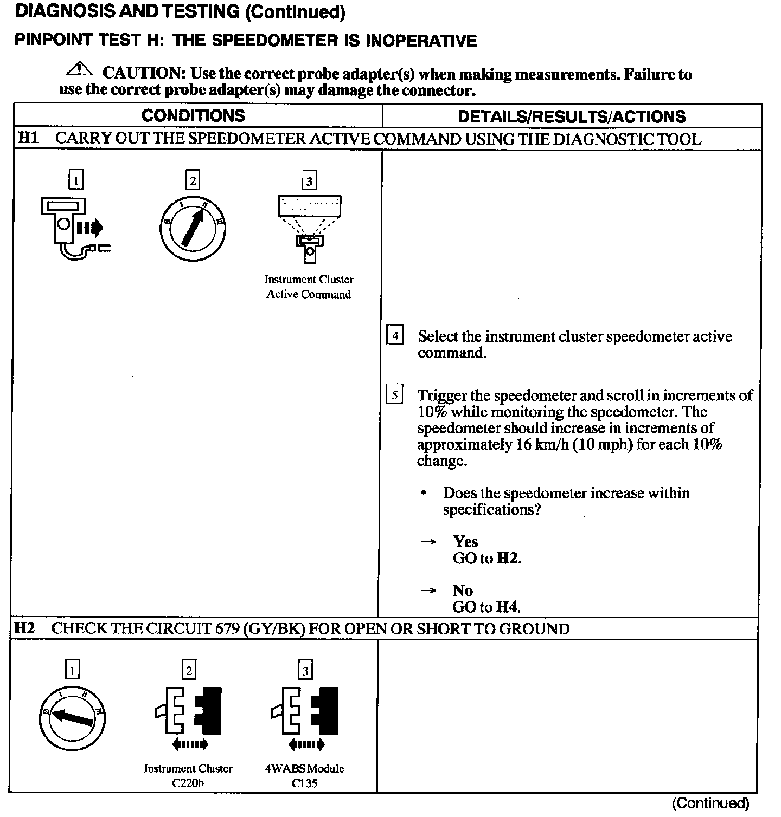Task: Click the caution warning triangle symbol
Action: point(79,70)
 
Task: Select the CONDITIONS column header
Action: point(193,116)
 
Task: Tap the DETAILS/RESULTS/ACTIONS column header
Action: point(572,116)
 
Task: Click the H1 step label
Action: point(28,138)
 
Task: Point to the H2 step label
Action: point(24,628)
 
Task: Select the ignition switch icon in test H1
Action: point(193,228)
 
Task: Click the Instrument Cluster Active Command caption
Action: point(309,287)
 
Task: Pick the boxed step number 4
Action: point(395,336)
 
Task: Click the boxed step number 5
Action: point(394,395)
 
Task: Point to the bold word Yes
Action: point(465,542)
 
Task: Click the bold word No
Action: point(463,591)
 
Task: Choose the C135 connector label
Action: point(304,783)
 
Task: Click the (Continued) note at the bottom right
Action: point(710,803)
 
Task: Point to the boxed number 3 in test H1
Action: point(309,181)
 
